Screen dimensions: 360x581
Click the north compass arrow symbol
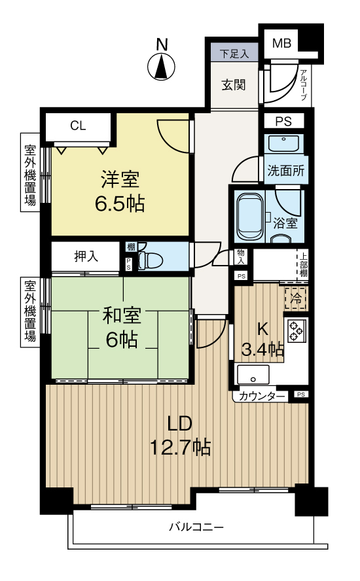pyautogui.click(x=161, y=67)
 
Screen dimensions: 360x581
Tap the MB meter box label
pyautogui.click(x=281, y=43)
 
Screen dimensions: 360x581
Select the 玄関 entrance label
pyautogui.click(x=234, y=85)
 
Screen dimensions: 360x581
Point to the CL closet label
pyautogui.click(x=78, y=126)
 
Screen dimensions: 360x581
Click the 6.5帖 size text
pyautogui.click(x=120, y=203)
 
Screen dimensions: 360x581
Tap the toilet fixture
pyautogui.click(x=150, y=259)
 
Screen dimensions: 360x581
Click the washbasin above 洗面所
pyautogui.click(x=283, y=143)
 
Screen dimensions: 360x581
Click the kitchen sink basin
pyautogui.click(x=253, y=375)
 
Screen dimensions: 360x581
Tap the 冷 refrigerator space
pyautogui.click(x=296, y=298)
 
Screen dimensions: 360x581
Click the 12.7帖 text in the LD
pyautogui.click(x=180, y=448)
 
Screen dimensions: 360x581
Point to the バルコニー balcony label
pyautogui.click(x=196, y=527)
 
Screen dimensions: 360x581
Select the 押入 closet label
pyautogui.click(x=86, y=256)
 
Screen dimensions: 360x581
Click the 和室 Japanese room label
pyautogui.click(x=121, y=316)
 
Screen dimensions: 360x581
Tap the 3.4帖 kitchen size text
pyautogui.click(x=262, y=349)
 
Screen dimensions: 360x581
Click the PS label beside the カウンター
pyautogui.click(x=300, y=395)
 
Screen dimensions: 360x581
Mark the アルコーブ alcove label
pyautogui.click(x=304, y=86)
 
